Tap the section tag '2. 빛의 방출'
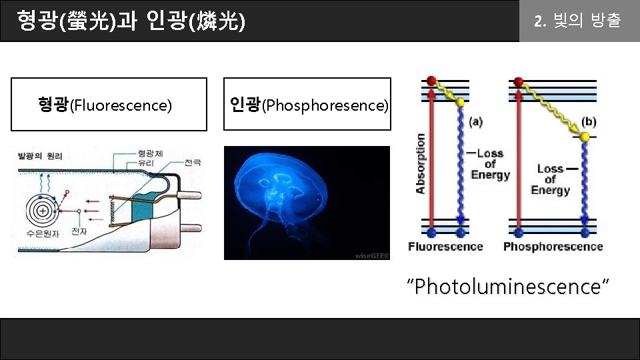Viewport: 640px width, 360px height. [x=577, y=21]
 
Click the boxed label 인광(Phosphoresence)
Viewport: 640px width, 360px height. [x=308, y=105]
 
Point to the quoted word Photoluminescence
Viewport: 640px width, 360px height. [x=510, y=287]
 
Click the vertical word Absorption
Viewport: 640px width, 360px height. [x=420, y=163]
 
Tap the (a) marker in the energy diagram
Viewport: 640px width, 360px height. [x=476, y=122]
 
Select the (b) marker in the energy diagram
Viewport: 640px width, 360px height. [x=589, y=122]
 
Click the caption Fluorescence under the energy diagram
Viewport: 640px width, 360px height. [x=445, y=247]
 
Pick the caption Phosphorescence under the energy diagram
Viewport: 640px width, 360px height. [x=553, y=247]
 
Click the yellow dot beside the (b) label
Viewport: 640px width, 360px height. [x=584, y=137]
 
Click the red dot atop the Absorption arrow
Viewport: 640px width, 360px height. [x=431, y=81]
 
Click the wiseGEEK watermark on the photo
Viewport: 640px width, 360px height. [x=371, y=255]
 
